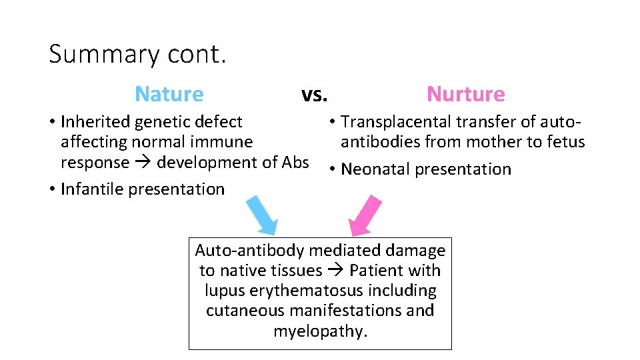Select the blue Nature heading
point(169,94)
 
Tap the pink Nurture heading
point(465,94)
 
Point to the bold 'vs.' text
point(314,95)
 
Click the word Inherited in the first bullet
point(95,122)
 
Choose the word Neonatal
point(375,169)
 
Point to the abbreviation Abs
point(295,163)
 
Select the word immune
point(225,142)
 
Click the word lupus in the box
point(224,291)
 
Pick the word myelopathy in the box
point(320,331)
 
